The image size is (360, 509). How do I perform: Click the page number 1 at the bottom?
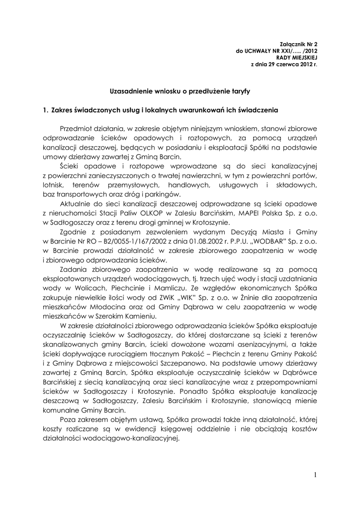click(315, 475)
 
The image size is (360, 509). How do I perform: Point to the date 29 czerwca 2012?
click(285, 65)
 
